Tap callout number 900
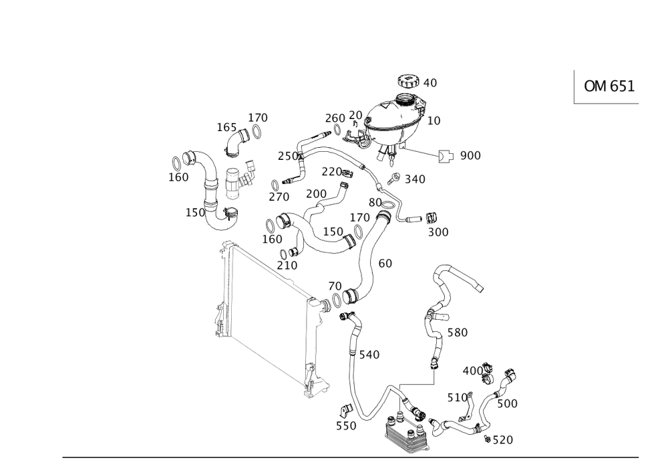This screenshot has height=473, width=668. [471, 156]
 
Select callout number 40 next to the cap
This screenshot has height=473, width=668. [430, 83]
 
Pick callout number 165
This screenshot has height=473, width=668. [226, 127]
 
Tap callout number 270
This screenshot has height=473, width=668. [279, 197]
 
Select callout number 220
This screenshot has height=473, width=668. [332, 171]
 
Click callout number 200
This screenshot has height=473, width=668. [315, 193]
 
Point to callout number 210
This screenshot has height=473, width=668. [287, 265]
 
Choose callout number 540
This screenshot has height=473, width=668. [370, 354]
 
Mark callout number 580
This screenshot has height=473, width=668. [458, 332]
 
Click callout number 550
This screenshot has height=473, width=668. [345, 425]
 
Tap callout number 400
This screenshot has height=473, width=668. [474, 370]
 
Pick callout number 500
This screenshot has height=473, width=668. [508, 404]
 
